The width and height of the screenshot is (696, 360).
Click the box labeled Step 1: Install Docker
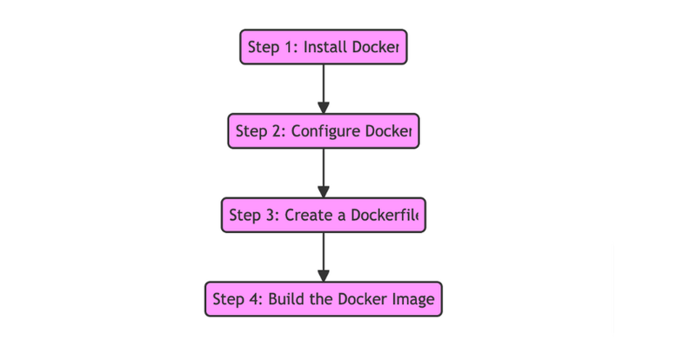click(x=323, y=47)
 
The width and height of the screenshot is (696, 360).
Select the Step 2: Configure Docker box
click(x=323, y=131)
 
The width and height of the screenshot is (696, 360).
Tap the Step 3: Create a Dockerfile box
click(x=323, y=215)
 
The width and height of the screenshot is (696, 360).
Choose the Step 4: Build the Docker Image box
click(x=323, y=299)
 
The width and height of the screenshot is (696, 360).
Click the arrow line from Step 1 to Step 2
click(x=323, y=82)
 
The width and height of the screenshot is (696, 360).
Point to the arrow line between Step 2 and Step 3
click(x=323, y=166)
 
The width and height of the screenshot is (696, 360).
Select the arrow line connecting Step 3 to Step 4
click(x=323, y=250)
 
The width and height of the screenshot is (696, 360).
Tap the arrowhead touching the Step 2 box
click(x=323, y=108)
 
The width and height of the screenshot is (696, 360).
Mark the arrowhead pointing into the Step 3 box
click(x=323, y=192)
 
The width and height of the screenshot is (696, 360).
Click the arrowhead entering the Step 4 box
click(x=323, y=276)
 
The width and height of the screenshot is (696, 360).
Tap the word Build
click(x=285, y=299)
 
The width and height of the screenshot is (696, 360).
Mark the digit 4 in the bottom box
click(x=254, y=299)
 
